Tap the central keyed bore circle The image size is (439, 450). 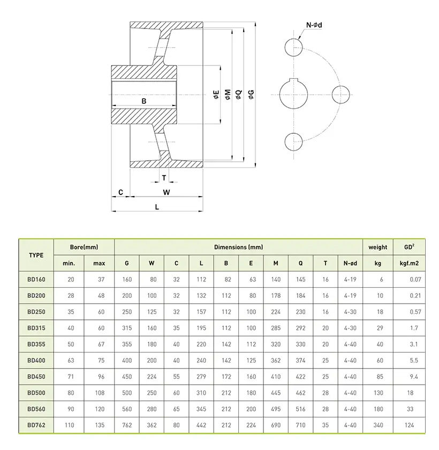coord(294,94)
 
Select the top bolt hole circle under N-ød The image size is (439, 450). coord(294,47)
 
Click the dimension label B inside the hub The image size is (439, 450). coord(144,101)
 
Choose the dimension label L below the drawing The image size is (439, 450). coord(157,206)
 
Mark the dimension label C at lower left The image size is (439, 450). coord(120,192)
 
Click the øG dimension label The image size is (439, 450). coord(251,94)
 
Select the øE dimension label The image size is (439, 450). coord(216,95)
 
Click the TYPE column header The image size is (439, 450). coord(36,255)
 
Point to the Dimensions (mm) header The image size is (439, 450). coord(238,247)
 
